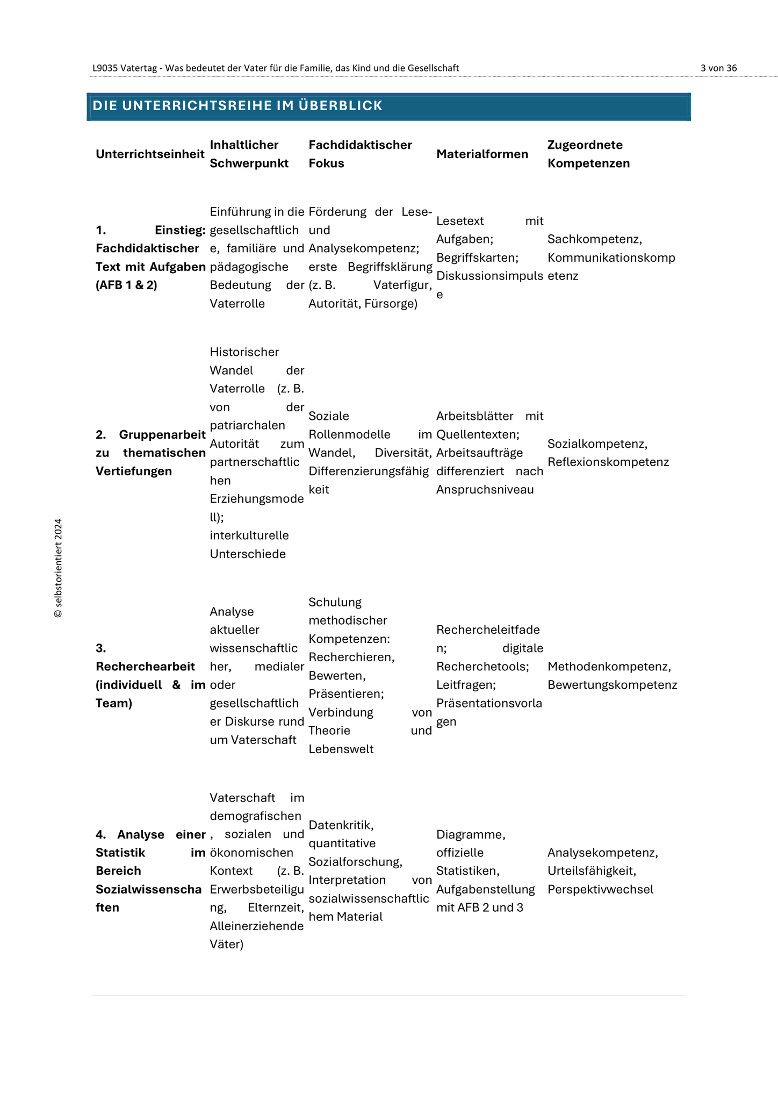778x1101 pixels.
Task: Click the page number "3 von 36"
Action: click(x=718, y=68)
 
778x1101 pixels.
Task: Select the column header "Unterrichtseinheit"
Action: click(x=150, y=154)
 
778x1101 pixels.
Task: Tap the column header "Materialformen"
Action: click(x=482, y=154)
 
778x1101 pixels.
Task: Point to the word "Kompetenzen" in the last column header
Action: click(x=588, y=163)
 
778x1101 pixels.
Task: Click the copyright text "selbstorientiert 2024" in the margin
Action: click(x=58, y=568)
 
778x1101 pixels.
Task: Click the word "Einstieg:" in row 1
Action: click(x=180, y=231)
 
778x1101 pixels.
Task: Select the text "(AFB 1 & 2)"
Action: click(x=126, y=285)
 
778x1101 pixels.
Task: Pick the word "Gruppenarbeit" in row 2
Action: click(x=162, y=434)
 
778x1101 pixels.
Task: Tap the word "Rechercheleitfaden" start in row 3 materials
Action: click(x=487, y=630)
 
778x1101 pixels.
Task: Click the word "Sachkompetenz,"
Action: click(x=595, y=239)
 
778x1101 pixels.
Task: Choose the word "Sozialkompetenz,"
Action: click(x=597, y=444)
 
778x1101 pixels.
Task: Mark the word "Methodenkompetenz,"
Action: click(x=609, y=667)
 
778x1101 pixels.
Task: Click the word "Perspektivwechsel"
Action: click(x=600, y=889)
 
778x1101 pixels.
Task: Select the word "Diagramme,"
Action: click(x=471, y=834)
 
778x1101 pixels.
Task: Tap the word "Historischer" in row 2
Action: click(x=244, y=352)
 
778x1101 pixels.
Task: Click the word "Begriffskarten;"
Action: click(x=477, y=258)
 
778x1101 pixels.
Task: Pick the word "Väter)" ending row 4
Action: click(x=226, y=945)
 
